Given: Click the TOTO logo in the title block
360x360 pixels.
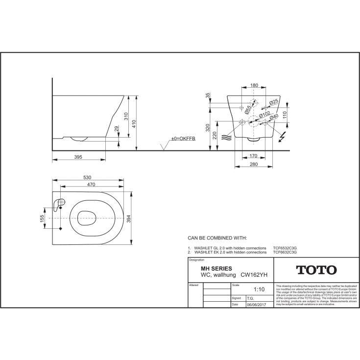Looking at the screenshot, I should pos(316,270).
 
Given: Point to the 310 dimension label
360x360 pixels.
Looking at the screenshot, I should pos(126,117).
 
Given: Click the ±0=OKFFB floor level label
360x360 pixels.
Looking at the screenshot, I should pos(183,139).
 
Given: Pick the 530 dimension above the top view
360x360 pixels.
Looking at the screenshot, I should pos(88,177).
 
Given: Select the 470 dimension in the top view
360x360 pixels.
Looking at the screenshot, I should pos(88,184).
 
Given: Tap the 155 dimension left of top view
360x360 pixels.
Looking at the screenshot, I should pos(43,217).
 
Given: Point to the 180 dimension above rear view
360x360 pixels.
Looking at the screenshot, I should pos(254,86).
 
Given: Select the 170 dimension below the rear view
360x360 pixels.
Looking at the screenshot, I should pos(254,156).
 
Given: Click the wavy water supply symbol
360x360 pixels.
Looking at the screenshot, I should pos(225,138).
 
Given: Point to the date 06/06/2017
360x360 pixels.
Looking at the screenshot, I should pos(255,304).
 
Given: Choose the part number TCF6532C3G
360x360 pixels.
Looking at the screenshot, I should pos(285,248).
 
